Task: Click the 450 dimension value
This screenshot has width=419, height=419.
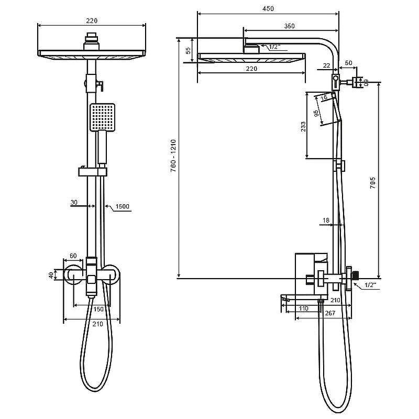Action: pyautogui.click(x=268, y=9)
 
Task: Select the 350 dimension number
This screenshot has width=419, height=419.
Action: pyautogui.click(x=290, y=26)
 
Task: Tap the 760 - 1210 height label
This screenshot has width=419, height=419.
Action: pyautogui.click(x=173, y=156)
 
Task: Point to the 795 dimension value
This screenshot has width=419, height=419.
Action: pyautogui.click(x=373, y=183)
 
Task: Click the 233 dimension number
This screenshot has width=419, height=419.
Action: pyautogui.click(x=303, y=127)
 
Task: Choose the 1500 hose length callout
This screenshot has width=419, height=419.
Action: pyautogui.click(x=123, y=206)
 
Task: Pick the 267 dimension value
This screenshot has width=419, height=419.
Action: pyautogui.click(x=330, y=313)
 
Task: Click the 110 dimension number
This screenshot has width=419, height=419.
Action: pyautogui.click(x=303, y=308)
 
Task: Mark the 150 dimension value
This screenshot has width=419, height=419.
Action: pyautogui.click(x=98, y=309)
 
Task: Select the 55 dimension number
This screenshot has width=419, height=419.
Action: pyautogui.click(x=189, y=51)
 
